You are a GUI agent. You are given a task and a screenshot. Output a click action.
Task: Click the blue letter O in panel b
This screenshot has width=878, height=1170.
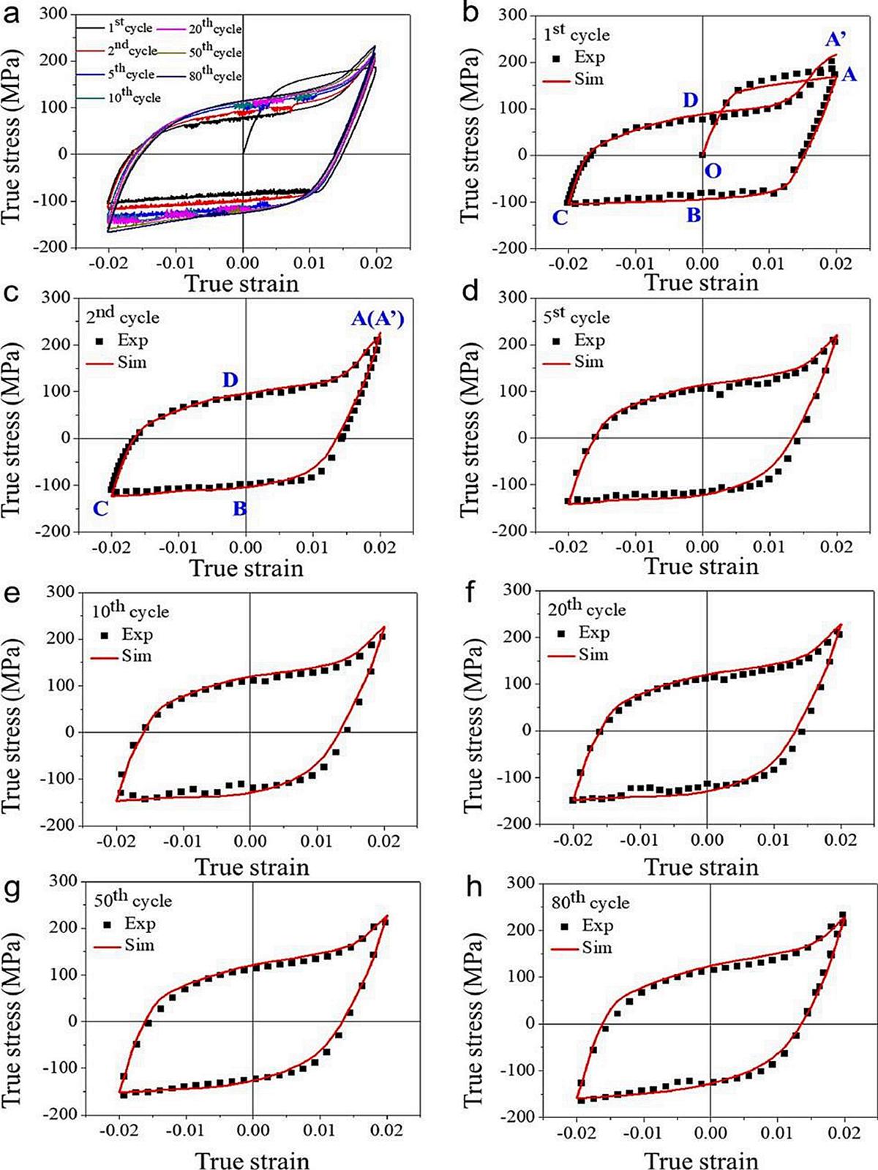pos(712,171)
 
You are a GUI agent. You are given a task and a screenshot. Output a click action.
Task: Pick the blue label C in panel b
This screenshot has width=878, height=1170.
pos(560,217)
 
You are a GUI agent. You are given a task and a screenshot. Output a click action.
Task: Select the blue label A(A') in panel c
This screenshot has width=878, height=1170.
pos(377,319)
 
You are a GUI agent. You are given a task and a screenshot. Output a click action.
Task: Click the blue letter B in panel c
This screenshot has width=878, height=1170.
pos(239,509)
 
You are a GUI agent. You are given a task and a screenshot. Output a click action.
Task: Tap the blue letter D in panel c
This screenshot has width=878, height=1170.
pos(230,380)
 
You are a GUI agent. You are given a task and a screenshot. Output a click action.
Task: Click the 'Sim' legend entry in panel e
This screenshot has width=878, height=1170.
pos(122,656)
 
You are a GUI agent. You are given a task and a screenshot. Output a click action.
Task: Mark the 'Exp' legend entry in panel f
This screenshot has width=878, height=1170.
pos(583,633)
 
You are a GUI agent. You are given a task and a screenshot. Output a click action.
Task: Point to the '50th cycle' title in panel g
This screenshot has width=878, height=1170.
pos(132,899)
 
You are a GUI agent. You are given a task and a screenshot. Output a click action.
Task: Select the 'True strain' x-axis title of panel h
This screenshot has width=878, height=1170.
pos(701,1160)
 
